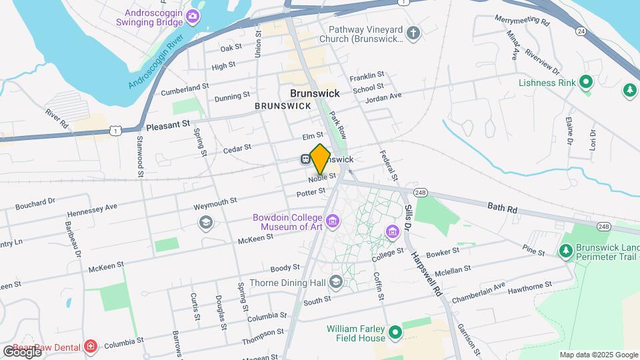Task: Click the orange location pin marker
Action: pos(320,159)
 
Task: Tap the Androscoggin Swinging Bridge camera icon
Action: pos(193,16)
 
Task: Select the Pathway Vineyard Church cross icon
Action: pos(413,32)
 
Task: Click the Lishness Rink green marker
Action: pos(586,83)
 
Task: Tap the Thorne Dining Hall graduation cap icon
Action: pos(336,283)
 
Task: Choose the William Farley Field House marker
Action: pos(395,331)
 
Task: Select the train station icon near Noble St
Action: pos(305,159)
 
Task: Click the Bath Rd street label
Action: pos(502,209)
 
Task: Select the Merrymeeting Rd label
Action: pos(522,21)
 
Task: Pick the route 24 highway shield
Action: pos(581,31)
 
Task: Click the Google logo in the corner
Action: pos(21,351)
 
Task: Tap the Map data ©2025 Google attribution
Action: pos(599,355)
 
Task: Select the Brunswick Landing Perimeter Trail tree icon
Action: pos(566,251)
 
